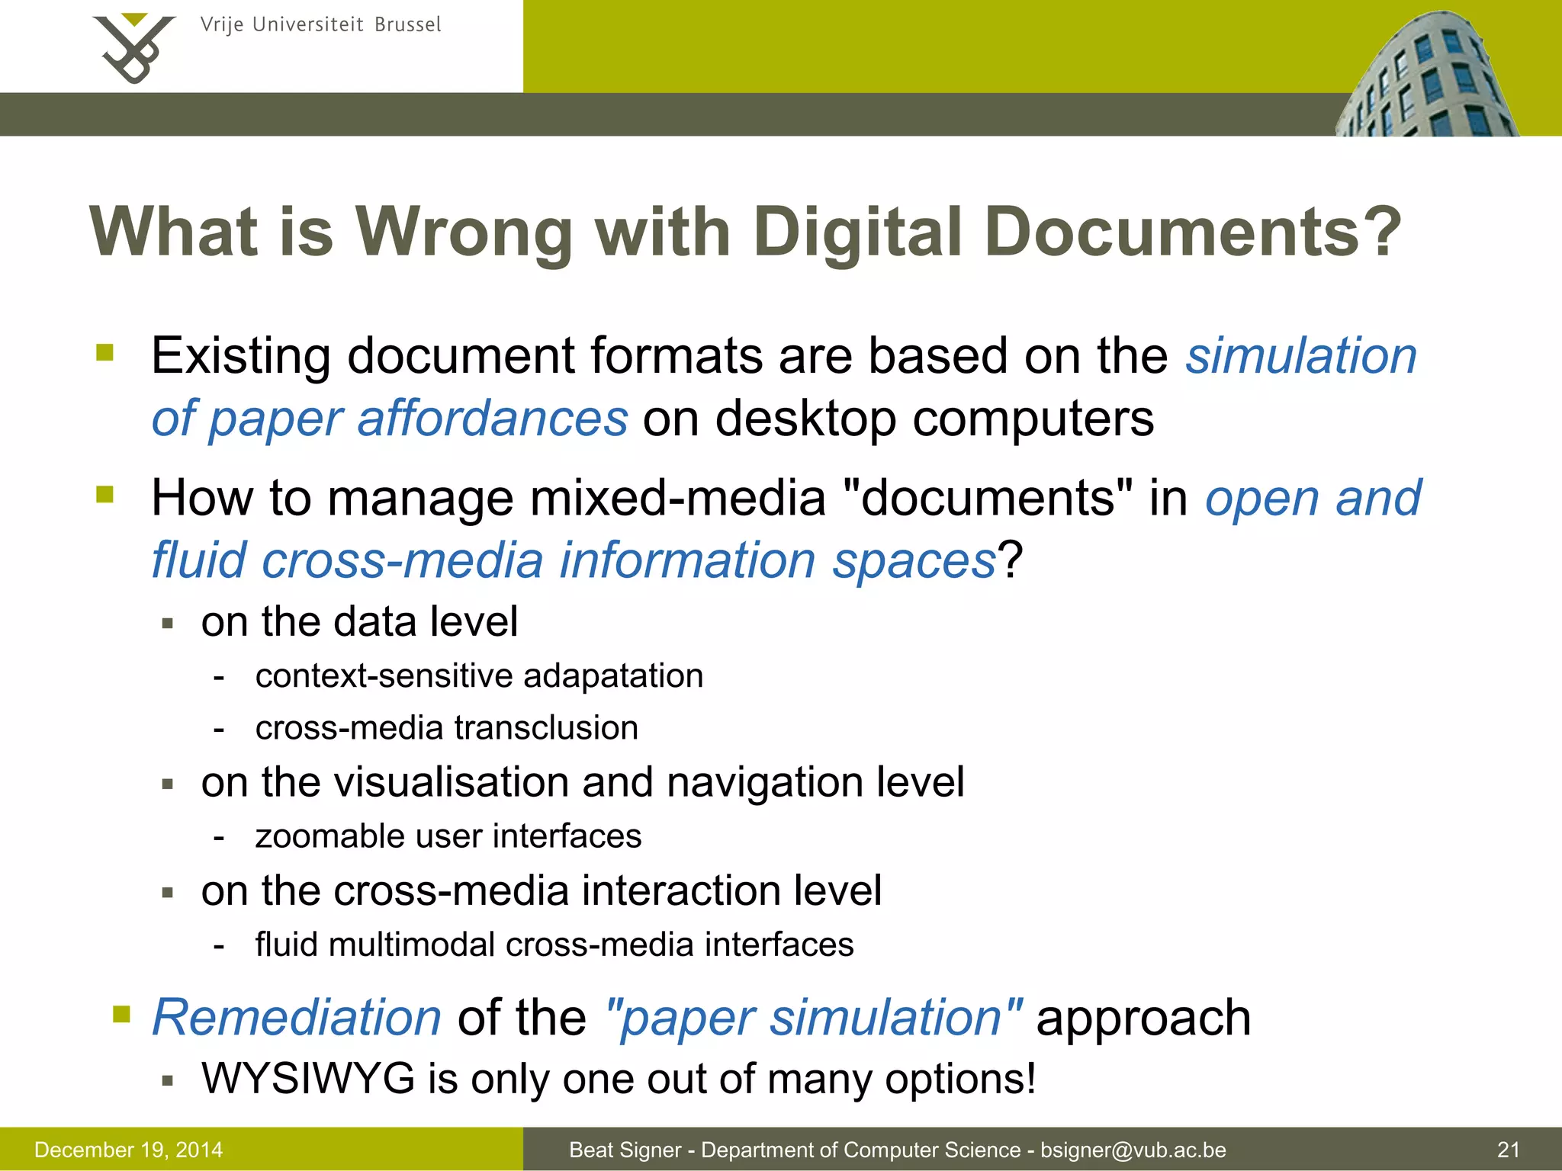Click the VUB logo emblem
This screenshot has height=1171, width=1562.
coord(133,47)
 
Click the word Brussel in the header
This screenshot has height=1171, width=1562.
coord(407,24)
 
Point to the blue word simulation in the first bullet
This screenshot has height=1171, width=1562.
coord(1301,356)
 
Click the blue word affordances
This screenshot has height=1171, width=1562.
coord(492,419)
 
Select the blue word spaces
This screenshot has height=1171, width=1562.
coord(914,560)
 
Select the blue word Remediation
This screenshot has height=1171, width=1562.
coord(297,1017)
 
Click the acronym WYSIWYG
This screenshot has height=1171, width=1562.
coord(308,1079)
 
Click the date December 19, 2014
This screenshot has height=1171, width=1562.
coord(128,1150)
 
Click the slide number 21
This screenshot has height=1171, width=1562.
coord(1508,1150)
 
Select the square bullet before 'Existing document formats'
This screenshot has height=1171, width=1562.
coord(104,352)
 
